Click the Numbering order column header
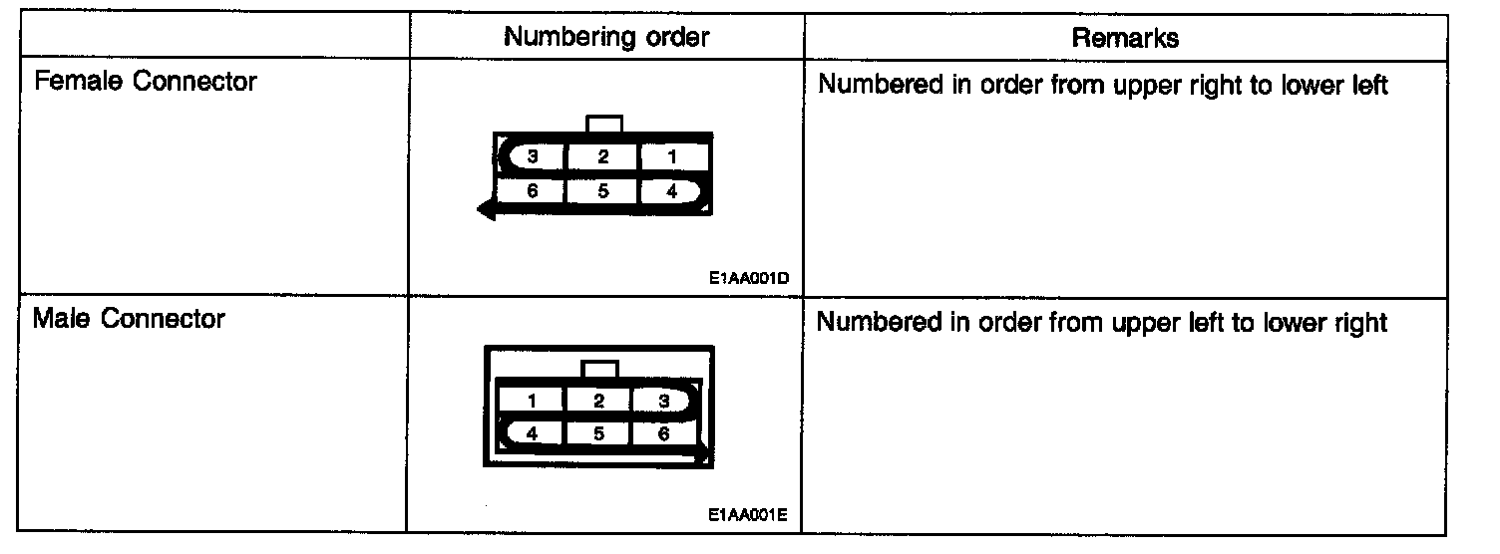(606, 38)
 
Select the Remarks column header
(1124, 38)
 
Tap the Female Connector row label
(146, 82)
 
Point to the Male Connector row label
(130, 320)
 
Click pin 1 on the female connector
(671, 157)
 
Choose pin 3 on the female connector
(533, 157)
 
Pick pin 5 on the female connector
(602, 192)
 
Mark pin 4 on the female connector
(671, 192)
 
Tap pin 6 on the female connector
(533, 192)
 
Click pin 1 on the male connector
(533, 402)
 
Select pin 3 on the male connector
(664, 402)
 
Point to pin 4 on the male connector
(533, 433)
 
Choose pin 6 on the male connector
(664, 433)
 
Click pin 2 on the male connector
(598, 402)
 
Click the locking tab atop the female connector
(605, 124)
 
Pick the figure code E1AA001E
(748, 516)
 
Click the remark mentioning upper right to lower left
(1102, 85)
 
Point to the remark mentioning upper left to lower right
(1102, 323)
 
